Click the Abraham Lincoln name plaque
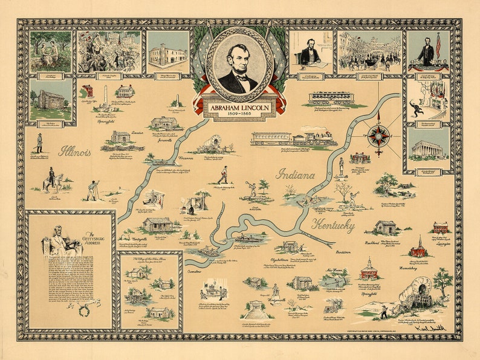(239, 108)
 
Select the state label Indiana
(296, 175)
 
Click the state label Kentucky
(332, 225)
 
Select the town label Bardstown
(342, 251)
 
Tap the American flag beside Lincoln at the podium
(438, 45)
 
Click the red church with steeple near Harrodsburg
(418, 248)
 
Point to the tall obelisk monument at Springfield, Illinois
(105, 95)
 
